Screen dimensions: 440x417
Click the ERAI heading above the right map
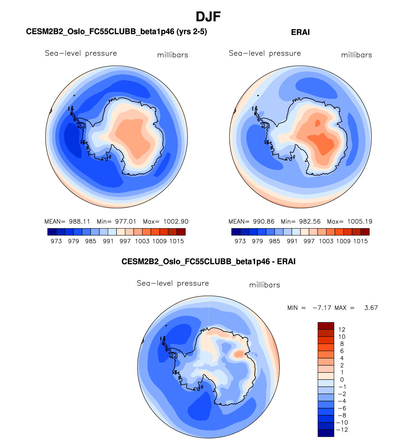(300, 32)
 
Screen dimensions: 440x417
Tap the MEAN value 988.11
(79, 222)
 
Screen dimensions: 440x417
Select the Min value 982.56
(310, 222)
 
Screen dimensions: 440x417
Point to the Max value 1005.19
(359, 222)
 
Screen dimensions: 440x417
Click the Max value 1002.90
(176, 222)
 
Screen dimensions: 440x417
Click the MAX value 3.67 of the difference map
(371, 308)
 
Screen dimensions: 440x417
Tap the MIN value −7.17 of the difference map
(322, 308)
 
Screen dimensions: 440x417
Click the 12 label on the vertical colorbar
(342, 330)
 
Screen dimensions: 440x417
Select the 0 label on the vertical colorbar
(342, 380)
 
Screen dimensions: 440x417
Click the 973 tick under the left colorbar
(56, 241)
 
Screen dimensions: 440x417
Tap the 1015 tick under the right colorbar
(361, 241)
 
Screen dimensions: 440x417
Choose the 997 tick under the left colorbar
(125, 241)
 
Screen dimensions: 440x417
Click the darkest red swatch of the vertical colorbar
(326, 326)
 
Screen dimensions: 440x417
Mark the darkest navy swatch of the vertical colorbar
(326, 433)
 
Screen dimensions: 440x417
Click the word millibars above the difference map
(264, 285)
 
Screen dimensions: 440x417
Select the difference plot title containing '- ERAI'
(208, 262)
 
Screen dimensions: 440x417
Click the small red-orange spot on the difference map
(239, 354)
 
